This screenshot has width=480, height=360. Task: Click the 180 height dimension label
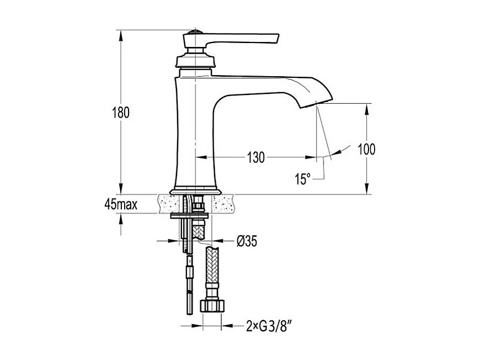pyautogui.click(x=121, y=113)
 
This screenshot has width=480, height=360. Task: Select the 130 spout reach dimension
pyautogui.click(x=255, y=157)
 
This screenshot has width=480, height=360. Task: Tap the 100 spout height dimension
pyautogui.click(x=366, y=149)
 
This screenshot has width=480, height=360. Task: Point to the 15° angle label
pyautogui.click(x=302, y=179)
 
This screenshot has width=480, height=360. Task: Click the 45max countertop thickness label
pyautogui.click(x=121, y=204)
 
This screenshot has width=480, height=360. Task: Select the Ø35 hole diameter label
pyautogui.click(x=247, y=241)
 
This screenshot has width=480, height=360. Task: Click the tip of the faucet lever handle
pyautogui.click(x=278, y=38)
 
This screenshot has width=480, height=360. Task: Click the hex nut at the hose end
pyautogui.click(x=212, y=306)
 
